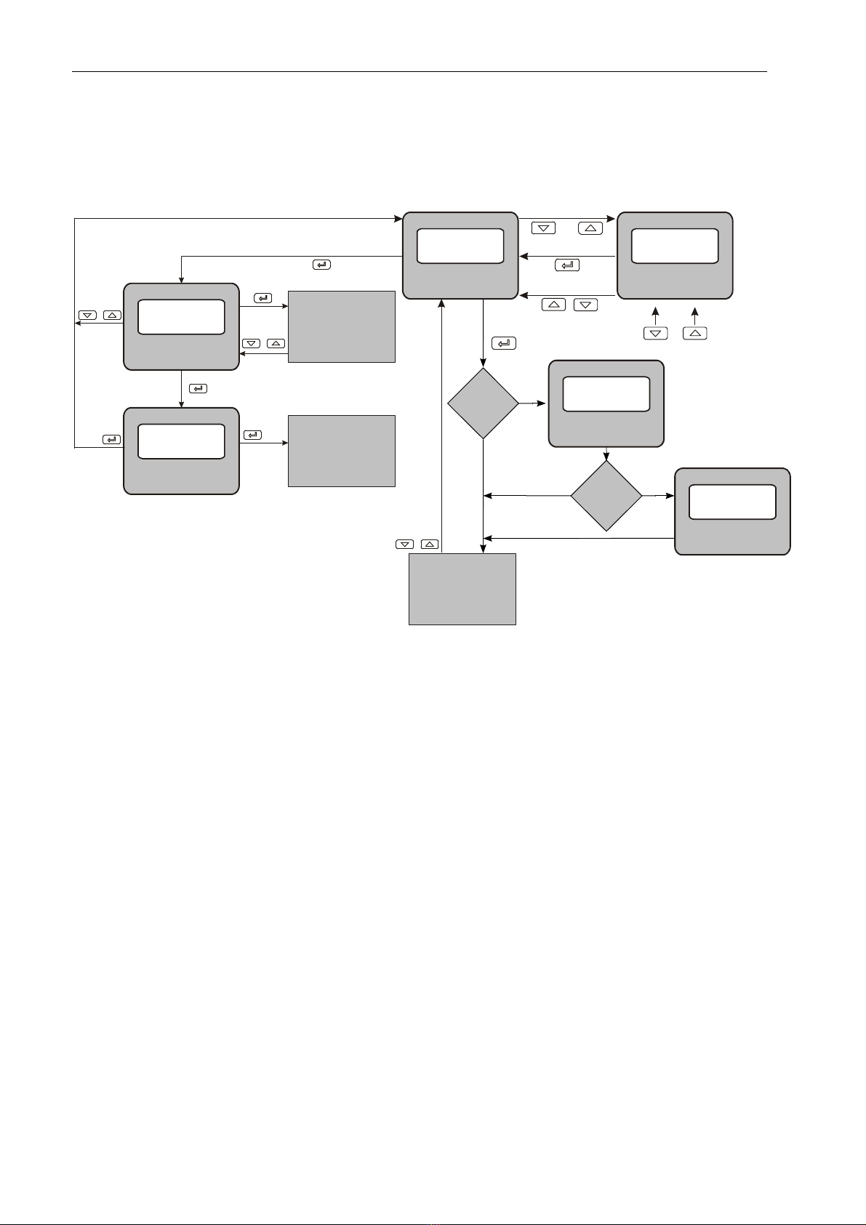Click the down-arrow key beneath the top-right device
656,333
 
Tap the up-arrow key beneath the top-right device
695,333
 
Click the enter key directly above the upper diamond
504,342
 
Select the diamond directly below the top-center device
483,403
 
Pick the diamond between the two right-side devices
606,496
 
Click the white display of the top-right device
675,246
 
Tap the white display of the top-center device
460,246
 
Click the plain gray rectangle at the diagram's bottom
462,589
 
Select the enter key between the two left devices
198,389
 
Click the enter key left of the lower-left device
111,440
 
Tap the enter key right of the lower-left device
252,435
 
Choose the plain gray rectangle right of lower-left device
342,451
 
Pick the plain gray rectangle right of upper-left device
342,326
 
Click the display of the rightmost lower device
732,502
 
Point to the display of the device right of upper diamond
606,394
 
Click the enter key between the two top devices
567,265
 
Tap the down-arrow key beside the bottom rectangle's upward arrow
405,544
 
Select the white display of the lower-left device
181,441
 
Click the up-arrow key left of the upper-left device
113,316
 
